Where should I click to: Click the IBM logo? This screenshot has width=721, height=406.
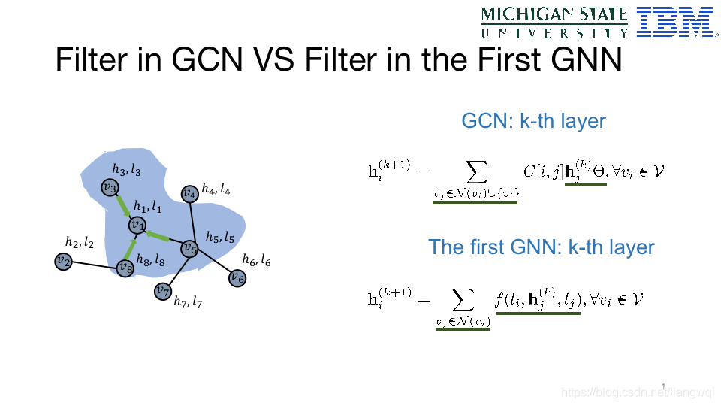pos(674,22)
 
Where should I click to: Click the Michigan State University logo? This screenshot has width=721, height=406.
pos(554,23)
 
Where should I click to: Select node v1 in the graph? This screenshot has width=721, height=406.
pos(137,224)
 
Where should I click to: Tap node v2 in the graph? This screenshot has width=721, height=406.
pos(63,261)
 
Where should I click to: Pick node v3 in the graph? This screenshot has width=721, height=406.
pos(110,187)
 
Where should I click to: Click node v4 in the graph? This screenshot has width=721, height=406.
pos(189,194)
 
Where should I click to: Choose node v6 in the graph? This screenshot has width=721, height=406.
pos(237,277)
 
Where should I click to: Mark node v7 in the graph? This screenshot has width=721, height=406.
pos(162,290)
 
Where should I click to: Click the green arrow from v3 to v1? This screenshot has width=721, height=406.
pos(123,205)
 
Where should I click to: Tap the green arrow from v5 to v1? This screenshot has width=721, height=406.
pos(163,237)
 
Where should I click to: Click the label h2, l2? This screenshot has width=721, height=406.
pos(80,242)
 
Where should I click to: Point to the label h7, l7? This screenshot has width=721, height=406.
pos(187,302)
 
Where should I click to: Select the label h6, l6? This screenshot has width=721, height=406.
pos(256,260)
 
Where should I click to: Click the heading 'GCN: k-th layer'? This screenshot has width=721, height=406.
pos(533,120)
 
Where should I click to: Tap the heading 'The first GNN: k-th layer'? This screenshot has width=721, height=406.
pos(541,247)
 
